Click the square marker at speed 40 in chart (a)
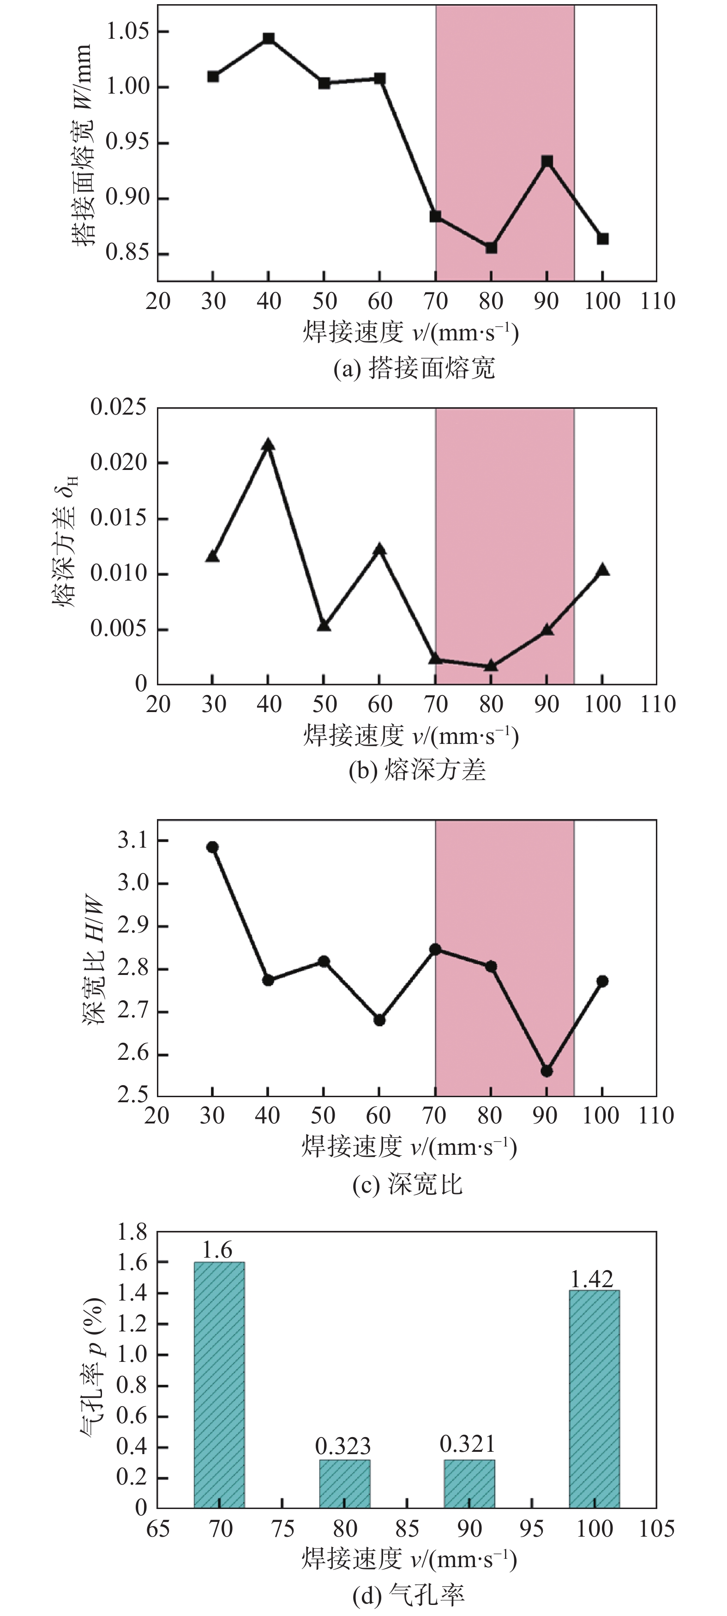[269, 39]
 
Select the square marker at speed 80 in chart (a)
[491, 248]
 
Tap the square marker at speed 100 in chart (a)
[603, 239]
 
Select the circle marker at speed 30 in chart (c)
[212, 847]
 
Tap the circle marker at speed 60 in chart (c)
[379, 1020]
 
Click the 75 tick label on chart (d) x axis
[282, 1528]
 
